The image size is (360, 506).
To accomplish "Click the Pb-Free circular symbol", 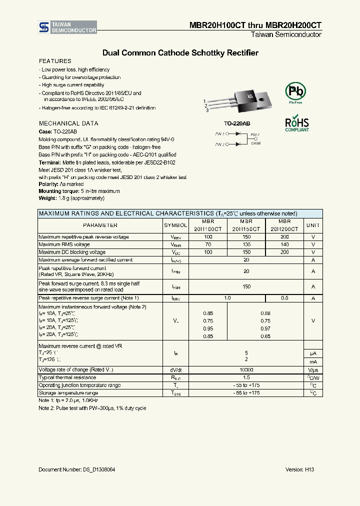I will pos(294,91).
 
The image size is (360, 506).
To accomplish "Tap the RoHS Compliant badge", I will pos(296,123).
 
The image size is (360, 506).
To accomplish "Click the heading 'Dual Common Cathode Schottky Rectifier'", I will pos(180,52).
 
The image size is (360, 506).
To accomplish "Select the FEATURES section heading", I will pos(55,61).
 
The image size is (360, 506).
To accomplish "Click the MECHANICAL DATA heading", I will pos(68,123).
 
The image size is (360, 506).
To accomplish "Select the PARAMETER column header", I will pos(100,225).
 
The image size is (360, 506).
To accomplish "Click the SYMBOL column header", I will pos(175,225).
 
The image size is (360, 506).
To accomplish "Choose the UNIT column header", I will pos(313,225).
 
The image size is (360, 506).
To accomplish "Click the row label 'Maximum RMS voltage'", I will pos(64,244).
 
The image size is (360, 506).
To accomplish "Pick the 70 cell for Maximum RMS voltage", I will pos(208,244).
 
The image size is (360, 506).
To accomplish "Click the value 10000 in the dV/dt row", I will pos(246,369).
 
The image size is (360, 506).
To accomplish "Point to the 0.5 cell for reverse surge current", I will pos(284,298).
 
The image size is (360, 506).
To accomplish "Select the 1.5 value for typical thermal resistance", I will pos(246,377).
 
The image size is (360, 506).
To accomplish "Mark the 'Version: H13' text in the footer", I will pos(299,469).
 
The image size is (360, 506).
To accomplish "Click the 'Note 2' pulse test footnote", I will pos(92,408).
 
